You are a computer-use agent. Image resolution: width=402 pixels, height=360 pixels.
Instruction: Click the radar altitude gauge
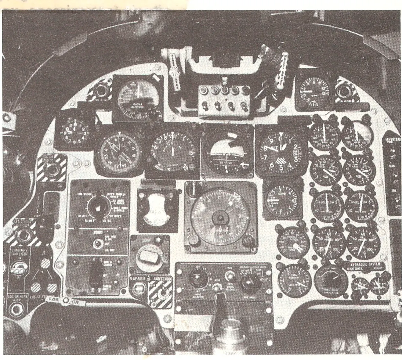(138, 98)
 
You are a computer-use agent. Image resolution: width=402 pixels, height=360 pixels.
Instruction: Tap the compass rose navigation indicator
(118, 151)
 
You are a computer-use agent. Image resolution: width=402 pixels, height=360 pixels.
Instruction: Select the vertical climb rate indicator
(282, 199)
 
